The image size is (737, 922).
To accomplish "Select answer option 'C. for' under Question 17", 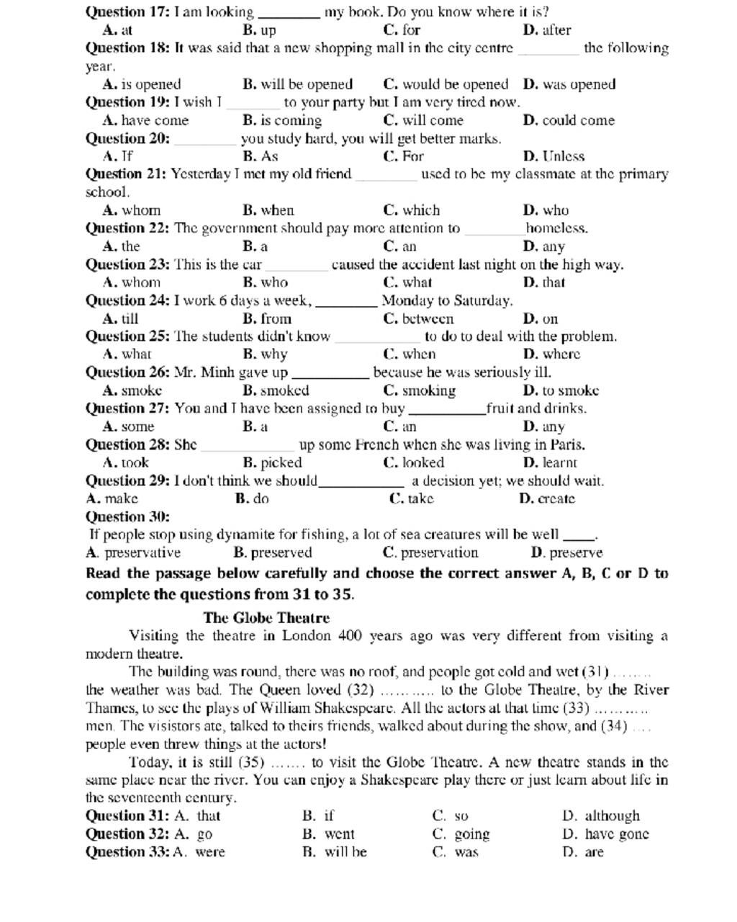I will (x=402, y=30).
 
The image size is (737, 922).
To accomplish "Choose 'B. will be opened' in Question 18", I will (x=297, y=84).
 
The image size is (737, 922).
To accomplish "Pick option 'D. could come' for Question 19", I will (x=569, y=120).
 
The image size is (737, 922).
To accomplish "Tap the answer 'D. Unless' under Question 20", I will (x=553, y=156).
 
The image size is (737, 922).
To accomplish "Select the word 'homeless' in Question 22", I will (x=556, y=228).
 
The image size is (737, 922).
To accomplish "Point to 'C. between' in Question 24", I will (x=418, y=318).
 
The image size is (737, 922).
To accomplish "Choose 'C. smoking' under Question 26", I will (x=419, y=390).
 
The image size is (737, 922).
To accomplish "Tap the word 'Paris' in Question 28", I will (x=567, y=444).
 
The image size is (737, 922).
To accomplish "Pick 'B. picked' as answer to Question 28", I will (x=272, y=462).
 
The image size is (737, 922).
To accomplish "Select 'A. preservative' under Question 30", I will (x=133, y=552).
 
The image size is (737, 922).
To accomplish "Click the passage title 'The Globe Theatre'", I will (x=266, y=617).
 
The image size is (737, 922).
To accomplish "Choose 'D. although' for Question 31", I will (x=601, y=816).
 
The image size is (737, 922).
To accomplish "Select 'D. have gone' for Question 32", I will (x=605, y=834).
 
